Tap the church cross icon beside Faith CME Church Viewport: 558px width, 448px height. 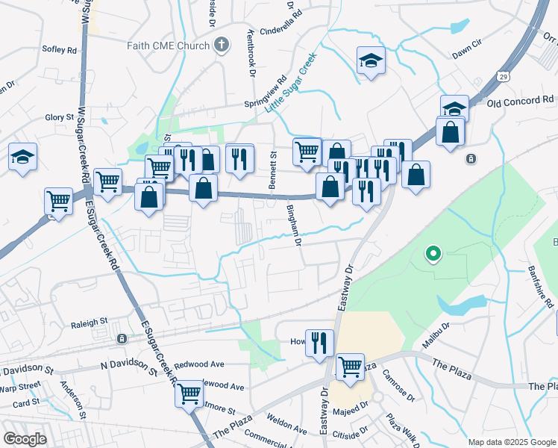221,46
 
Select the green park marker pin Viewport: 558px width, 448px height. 433,254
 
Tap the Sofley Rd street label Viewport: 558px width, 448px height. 60,50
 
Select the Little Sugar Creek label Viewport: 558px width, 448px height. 291,82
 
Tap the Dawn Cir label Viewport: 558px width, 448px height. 469,55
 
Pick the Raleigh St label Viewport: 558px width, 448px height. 89,326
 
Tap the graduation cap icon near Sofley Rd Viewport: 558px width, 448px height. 22,157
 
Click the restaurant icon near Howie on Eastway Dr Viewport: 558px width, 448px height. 319,343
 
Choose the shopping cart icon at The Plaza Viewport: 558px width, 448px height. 350,367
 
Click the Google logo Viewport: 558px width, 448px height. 25,439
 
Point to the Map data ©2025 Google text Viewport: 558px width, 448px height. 511,442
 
